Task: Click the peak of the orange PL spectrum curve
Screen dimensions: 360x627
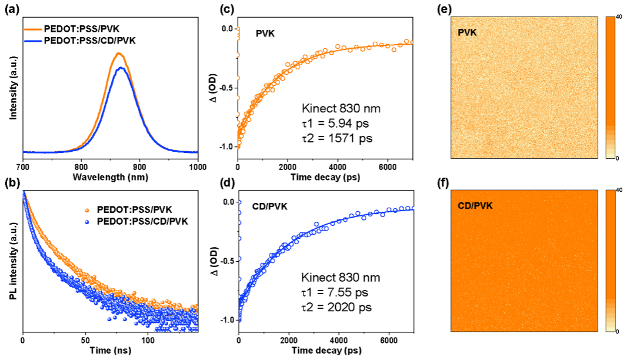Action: point(119,54)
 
